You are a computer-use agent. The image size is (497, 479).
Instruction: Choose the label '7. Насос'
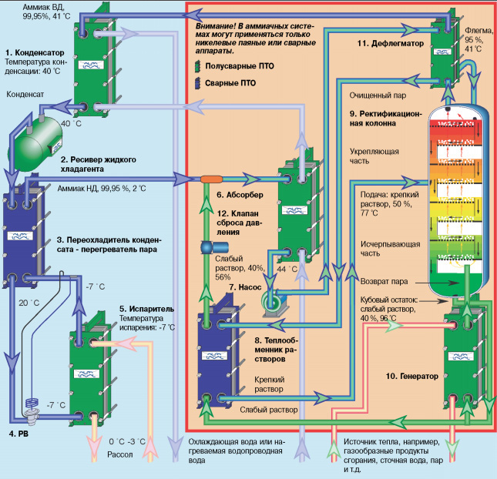[247, 286]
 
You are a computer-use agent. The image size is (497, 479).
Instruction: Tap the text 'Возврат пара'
[385, 281]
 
